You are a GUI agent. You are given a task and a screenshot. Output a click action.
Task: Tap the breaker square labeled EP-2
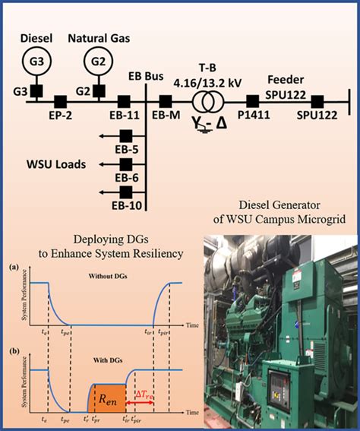pyautogui.click(x=60, y=100)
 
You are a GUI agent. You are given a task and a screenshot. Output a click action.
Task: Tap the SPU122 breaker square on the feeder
pyautogui.click(x=317, y=100)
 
